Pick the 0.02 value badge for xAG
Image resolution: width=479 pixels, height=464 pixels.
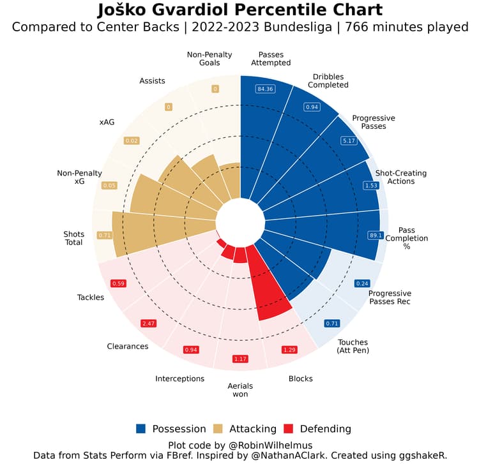pyautogui.click(x=132, y=140)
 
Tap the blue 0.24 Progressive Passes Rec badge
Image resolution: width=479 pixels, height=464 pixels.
pyautogui.click(x=362, y=283)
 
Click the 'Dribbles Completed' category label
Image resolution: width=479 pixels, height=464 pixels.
pyautogui.click(x=330, y=81)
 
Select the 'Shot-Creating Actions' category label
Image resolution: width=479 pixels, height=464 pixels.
pyautogui.click(x=400, y=177)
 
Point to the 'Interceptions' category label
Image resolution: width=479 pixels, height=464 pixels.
pyautogui.click(x=179, y=378)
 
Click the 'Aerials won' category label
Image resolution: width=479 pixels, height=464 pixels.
pyautogui.click(x=240, y=391)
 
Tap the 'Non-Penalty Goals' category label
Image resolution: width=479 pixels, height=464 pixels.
pyautogui.click(x=209, y=59)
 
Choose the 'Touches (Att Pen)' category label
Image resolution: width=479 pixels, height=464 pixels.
pyautogui.click(x=353, y=347)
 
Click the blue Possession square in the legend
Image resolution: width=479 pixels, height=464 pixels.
pyautogui.click(x=141, y=429)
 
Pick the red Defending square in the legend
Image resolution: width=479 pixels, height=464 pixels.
pyautogui.click(x=288, y=429)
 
